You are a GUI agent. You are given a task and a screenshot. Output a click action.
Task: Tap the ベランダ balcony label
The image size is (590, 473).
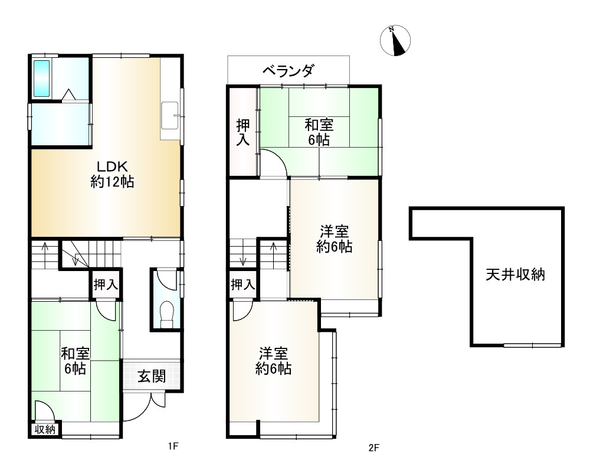click(x=288, y=71)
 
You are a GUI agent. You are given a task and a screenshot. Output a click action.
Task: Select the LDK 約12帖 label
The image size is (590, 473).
click(x=113, y=174)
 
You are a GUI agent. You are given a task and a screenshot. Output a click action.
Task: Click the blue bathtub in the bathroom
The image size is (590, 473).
click(x=41, y=78)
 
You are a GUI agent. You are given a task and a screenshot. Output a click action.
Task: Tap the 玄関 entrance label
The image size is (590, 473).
click(x=151, y=376)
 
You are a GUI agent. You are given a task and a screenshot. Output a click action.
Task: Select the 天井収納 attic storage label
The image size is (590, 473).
click(x=515, y=275)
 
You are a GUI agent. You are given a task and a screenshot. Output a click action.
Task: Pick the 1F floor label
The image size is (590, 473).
click(x=172, y=446)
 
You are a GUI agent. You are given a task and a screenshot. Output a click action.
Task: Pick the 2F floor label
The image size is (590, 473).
click(x=373, y=448)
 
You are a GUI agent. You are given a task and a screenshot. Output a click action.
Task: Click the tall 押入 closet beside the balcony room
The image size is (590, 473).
click(x=243, y=132)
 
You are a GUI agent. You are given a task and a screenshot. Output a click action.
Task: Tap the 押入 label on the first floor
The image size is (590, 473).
click(x=106, y=285)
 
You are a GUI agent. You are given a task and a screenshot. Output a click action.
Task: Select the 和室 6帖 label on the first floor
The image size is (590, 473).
click(x=76, y=361)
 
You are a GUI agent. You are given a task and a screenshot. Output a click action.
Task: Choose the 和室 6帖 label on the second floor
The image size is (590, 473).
click(x=319, y=132)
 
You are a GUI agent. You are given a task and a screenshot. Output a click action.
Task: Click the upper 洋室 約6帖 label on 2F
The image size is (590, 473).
click(x=335, y=239)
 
